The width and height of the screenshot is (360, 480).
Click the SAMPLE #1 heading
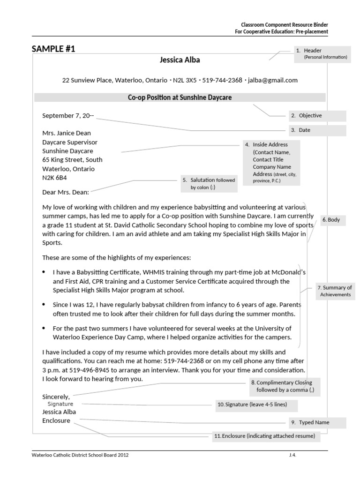[53, 49]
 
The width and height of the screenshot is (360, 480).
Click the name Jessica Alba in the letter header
[180, 60]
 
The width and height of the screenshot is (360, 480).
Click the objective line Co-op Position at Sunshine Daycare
[180, 97]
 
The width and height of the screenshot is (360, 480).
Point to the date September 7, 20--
[68, 115]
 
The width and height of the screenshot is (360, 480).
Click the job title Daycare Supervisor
[70, 142]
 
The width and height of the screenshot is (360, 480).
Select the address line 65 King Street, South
[72, 160]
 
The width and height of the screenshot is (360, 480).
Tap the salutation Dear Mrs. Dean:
[66, 192]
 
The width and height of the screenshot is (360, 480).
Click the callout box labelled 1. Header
[322, 53]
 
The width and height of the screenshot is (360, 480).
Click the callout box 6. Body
[333, 220]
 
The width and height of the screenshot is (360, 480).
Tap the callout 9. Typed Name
[317, 422]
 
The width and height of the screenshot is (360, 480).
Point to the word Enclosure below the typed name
[56, 420]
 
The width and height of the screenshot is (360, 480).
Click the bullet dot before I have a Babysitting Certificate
[44, 272]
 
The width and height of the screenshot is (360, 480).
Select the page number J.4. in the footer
[293, 455]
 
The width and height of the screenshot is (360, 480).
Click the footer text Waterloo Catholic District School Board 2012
[80, 455]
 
